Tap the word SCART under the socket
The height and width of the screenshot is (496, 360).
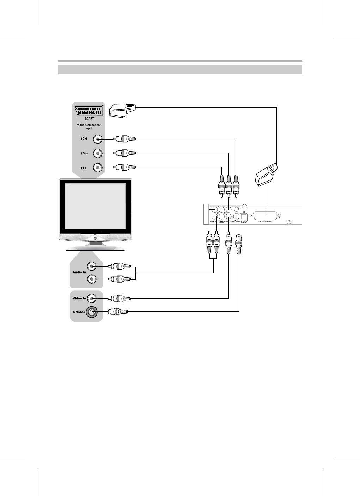[89, 119]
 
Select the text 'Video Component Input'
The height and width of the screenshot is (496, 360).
[89, 127]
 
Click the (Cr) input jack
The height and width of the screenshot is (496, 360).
[98, 139]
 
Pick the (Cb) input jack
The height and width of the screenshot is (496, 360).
[98, 153]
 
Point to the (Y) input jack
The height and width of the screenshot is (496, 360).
[98, 167]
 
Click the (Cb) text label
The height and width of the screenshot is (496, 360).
[84, 153]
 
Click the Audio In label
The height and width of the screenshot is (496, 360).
[79, 272]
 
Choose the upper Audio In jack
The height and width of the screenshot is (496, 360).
[92, 266]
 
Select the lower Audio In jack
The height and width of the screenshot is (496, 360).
[92, 279]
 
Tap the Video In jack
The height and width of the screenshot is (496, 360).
[92, 299]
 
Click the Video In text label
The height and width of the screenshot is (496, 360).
[79, 299]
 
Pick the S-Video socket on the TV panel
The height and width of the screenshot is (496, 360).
[92, 312]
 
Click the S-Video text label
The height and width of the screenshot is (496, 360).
[79, 312]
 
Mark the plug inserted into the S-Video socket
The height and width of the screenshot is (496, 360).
[118, 312]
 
